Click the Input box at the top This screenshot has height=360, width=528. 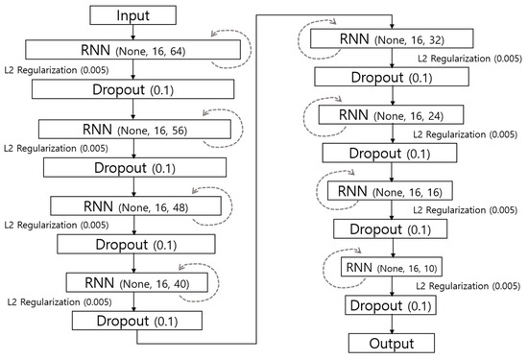pyautogui.click(x=132, y=16)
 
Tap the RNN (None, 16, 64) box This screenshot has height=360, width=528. pyautogui.click(x=132, y=52)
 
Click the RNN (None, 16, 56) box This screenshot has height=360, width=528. pyautogui.click(x=132, y=129)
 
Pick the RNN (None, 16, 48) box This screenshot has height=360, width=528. pyautogui.click(x=132, y=204)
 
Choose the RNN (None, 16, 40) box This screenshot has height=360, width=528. pyautogui.click(x=132, y=282)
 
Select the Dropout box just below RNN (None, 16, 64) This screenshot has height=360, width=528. pyautogui.click(x=132, y=89)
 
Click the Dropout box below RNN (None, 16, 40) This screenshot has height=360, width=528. pyautogui.click(x=132, y=321)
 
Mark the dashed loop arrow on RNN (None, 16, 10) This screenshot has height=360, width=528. pyautogui.click(x=333, y=266)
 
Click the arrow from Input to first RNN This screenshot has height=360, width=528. pyautogui.click(x=132, y=33)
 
